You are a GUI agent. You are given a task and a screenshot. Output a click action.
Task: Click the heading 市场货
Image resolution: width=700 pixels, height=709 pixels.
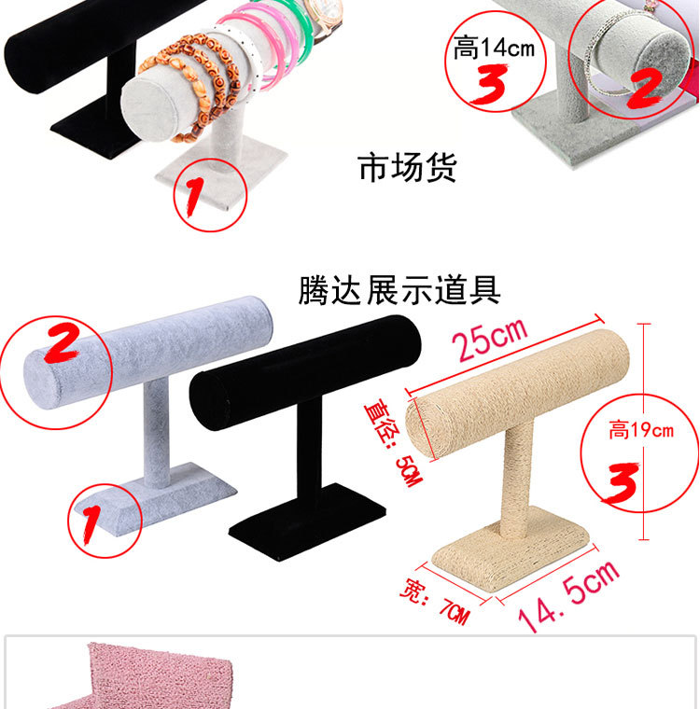[x=407, y=168]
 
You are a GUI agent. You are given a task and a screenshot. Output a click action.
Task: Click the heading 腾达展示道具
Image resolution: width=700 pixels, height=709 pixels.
[x=399, y=290]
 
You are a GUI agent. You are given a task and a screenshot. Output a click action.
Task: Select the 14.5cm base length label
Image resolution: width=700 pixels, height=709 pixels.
[x=568, y=594]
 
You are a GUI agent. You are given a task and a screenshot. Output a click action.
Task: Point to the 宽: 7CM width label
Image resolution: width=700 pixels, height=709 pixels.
[x=435, y=602]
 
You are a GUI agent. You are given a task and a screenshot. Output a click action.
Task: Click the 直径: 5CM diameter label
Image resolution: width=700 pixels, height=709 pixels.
[x=394, y=443]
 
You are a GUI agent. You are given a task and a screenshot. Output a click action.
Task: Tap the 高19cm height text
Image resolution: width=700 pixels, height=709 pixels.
[x=640, y=429]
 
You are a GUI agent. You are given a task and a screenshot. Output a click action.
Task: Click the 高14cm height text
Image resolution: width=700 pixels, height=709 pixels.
[x=494, y=48]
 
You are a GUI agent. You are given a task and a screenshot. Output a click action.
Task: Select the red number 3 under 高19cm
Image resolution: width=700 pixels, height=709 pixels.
[x=623, y=482]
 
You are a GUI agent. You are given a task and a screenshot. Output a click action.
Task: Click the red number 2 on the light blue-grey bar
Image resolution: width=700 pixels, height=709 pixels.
[x=62, y=342]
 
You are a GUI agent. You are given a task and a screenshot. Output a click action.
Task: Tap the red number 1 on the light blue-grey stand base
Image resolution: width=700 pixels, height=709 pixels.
[x=91, y=524]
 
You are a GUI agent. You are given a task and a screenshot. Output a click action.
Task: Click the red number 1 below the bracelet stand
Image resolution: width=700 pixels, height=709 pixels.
[x=194, y=196]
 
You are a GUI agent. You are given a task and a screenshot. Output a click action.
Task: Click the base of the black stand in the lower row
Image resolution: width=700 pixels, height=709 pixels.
[x=308, y=522]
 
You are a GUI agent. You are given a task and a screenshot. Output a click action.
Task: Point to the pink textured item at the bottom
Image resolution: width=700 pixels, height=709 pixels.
[x=149, y=677]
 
